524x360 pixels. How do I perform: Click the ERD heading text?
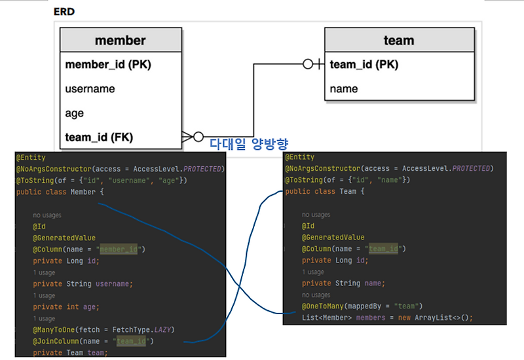[64, 12]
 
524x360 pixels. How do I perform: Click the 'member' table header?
[121, 40]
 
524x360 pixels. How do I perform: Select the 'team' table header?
[400, 40]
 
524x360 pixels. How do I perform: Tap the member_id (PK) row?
[108, 64]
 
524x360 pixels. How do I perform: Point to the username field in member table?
[90, 89]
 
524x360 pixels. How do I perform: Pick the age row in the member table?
[75, 113]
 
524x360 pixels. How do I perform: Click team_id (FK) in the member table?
[100, 137]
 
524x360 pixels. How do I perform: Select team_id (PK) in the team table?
[364, 64]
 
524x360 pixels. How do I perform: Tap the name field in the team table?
[344, 89]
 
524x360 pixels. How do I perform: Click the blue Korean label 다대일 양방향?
[249, 144]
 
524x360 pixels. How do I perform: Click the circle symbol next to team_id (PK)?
[308, 63]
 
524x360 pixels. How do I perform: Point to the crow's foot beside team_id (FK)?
[187, 137]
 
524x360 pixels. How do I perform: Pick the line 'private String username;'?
[83, 284]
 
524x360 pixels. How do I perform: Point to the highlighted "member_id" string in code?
[119, 249]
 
